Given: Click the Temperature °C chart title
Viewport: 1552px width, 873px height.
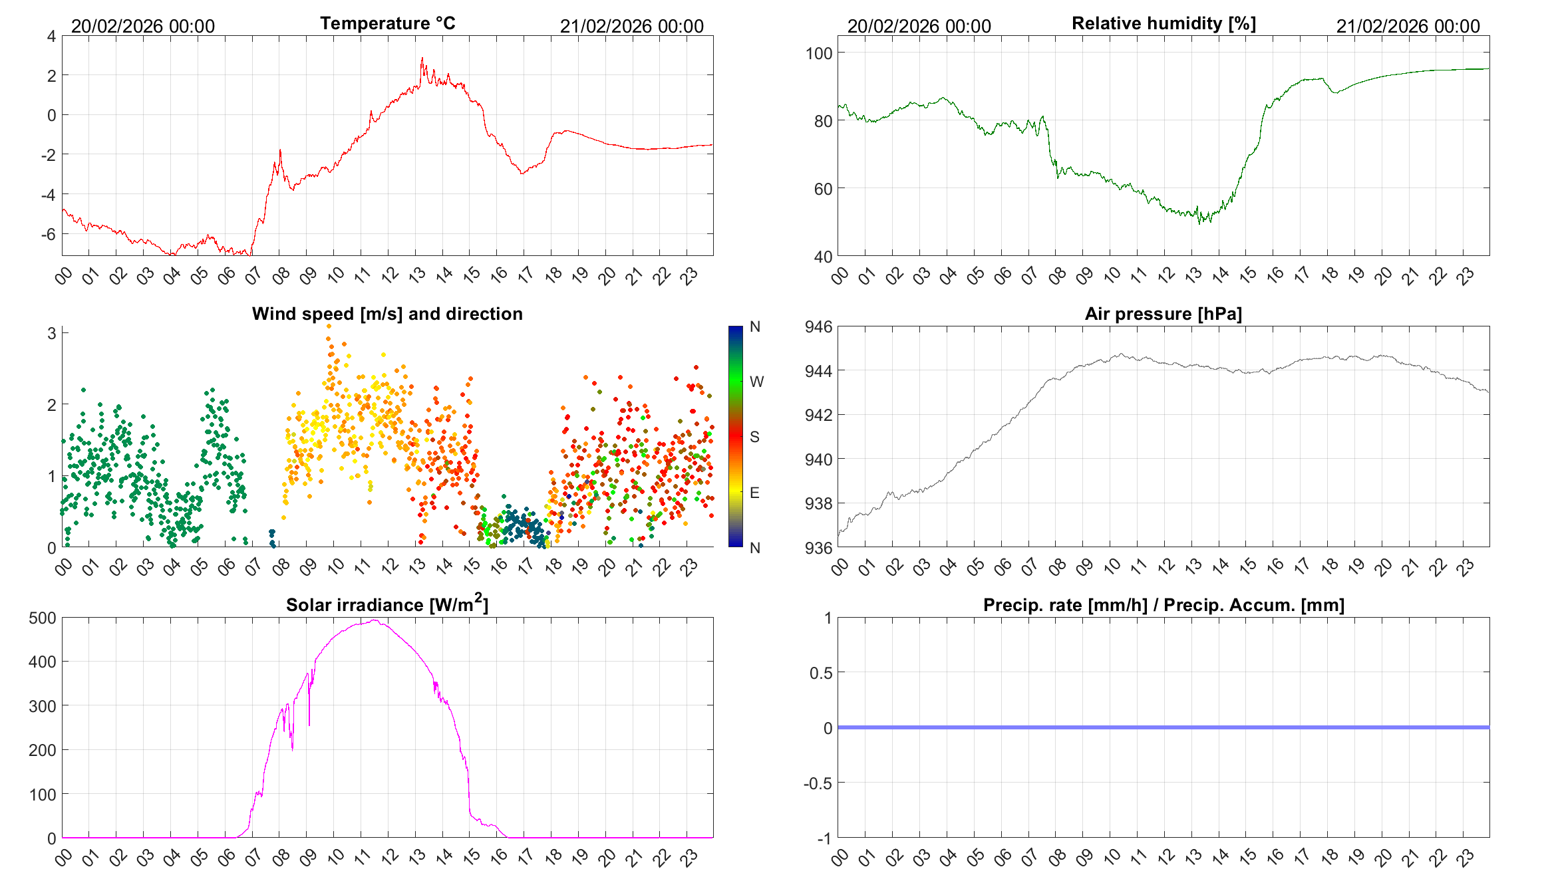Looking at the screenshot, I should (x=387, y=24).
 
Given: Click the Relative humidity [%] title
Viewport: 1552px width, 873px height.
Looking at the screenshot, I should (x=1164, y=24).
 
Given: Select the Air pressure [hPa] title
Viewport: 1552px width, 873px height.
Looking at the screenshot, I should (x=1163, y=314).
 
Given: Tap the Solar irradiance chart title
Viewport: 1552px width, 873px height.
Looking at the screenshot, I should (x=387, y=604).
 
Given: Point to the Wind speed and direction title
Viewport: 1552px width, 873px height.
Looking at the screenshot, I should (x=387, y=314).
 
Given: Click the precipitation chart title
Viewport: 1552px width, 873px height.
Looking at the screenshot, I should (x=1164, y=605).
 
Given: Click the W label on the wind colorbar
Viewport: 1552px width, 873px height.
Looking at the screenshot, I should (x=756, y=382).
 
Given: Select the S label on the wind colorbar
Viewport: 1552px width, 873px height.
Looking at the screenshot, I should (x=754, y=437).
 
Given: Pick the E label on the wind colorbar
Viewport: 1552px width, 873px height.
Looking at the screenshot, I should (x=754, y=493).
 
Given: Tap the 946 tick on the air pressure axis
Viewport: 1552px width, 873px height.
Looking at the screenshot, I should (x=818, y=326).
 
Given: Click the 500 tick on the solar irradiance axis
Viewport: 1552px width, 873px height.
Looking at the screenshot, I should (x=43, y=618).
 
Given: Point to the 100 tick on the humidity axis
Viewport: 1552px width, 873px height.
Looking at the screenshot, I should (x=818, y=53).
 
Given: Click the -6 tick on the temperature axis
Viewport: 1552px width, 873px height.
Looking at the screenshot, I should (x=48, y=234).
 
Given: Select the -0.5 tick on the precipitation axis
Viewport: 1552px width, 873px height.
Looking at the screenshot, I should (x=818, y=783).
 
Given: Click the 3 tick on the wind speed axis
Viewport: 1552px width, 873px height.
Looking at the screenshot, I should (x=52, y=333).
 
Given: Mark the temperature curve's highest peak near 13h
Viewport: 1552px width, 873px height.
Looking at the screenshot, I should (x=422, y=59).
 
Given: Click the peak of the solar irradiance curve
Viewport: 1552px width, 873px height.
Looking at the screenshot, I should (x=375, y=620).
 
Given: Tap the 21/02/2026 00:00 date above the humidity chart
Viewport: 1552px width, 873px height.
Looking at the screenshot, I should (x=1408, y=27).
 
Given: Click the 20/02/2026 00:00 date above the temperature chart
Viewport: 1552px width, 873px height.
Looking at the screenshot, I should (x=143, y=27).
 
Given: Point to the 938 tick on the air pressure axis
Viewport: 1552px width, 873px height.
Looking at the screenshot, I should (x=818, y=503).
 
